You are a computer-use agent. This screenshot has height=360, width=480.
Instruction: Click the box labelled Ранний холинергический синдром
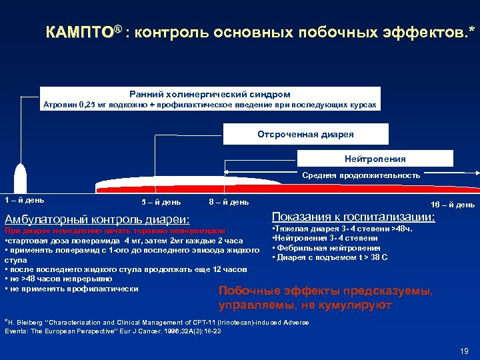click(210, 95)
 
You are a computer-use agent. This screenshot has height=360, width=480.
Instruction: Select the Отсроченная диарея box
click(305, 135)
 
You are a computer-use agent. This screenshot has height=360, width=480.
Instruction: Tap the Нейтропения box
click(375, 159)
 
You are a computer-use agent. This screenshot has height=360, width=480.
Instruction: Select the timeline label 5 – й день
click(161, 202)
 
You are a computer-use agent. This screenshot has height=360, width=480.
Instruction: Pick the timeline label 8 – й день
click(229, 202)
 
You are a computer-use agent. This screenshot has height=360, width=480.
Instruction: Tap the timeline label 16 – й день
click(453, 205)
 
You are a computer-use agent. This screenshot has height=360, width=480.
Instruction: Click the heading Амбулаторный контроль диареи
click(97, 219)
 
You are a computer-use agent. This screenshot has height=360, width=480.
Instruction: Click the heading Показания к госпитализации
click(353, 217)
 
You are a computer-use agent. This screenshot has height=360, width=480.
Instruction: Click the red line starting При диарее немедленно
click(114, 231)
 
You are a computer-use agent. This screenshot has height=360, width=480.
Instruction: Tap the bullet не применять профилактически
click(73, 289)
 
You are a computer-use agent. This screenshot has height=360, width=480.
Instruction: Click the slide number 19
click(465, 351)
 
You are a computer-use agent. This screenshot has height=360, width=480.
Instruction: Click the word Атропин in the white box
click(60, 105)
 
